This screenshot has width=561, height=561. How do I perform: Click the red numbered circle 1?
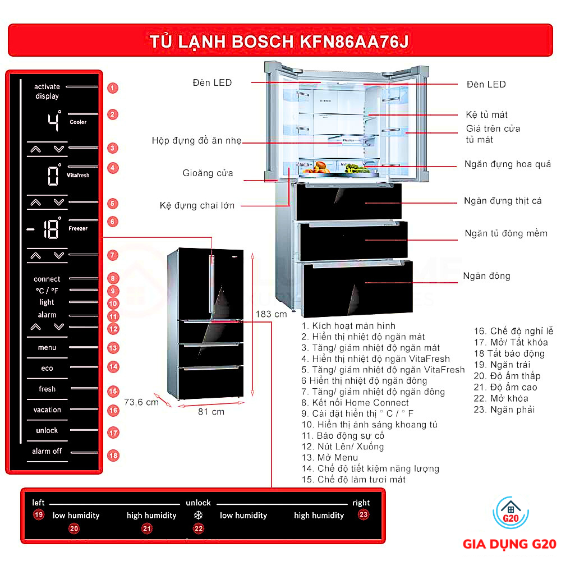click(x=113, y=88)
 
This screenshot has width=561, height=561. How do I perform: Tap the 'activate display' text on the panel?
click(x=47, y=91)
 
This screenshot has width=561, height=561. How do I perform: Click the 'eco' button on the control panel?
click(x=47, y=369)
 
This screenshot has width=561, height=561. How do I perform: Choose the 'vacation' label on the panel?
click(x=47, y=410)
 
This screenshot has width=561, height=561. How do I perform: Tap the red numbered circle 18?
click(x=113, y=456)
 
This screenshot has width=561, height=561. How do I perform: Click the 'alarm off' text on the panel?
click(x=47, y=451)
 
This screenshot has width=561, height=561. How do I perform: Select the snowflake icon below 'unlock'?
click(x=198, y=516)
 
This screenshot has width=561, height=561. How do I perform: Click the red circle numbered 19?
click(x=38, y=515)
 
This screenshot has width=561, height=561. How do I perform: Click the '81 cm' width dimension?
click(x=211, y=412)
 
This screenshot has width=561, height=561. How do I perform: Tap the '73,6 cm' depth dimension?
click(x=141, y=402)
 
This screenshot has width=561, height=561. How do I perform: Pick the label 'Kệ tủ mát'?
click(x=486, y=115)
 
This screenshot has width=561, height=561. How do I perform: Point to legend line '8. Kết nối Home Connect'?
click(x=355, y=403)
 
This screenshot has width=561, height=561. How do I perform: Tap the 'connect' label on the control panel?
click(x=47, y=279)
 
